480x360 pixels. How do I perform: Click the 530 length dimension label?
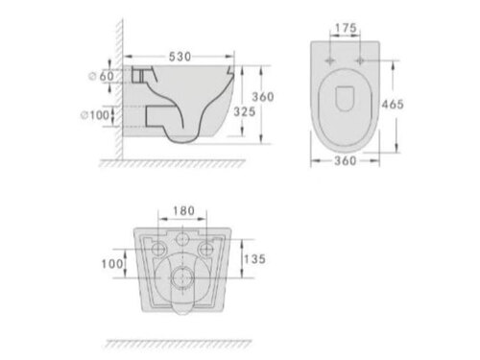[x=180, y=57]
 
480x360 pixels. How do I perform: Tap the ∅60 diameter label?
[x=101, y=76]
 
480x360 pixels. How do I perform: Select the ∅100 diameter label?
[x=95, y=115]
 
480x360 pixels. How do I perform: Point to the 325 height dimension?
[x=245, y=111]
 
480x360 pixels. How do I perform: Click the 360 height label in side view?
[x=263, y=97]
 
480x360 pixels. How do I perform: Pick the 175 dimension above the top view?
[x=346, y=28]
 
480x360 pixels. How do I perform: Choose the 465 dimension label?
[x=393, y=104]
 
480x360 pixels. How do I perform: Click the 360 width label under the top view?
[x=346, y=160]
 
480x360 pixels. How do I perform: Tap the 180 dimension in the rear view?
[x=183, y=211]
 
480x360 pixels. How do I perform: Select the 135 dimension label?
[x=254, y=259]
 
